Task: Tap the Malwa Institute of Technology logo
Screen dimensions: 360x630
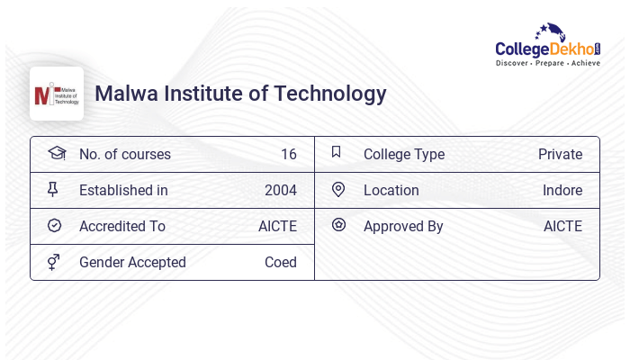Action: [57, 94]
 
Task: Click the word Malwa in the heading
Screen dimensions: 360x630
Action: [122, 94]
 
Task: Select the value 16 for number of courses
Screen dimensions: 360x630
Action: [289, 154]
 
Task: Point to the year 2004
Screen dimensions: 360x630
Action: [281, 190]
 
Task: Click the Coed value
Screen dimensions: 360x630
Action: [281, 262]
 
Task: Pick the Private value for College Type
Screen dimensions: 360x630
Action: [560, 154]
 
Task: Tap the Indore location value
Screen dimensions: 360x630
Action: [562, 190]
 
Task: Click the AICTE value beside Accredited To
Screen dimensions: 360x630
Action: [277, 226]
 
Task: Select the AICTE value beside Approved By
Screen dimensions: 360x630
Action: [562, 226]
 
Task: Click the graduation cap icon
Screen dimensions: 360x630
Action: [56, 153]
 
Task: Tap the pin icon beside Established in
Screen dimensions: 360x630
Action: [53, 189]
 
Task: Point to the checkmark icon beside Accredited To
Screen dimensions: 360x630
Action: [54, 225]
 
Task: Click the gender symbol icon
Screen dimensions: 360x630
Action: [54, 262]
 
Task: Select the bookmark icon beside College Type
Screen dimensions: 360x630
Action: [337, 152]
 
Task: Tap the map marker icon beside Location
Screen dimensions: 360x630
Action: [338, 189]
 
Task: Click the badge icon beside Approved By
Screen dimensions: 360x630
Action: [338, 225]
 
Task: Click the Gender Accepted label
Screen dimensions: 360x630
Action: [132, 262]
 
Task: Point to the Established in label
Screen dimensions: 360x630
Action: [123, 190]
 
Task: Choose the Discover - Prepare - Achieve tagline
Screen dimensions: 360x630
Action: [548, 64]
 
